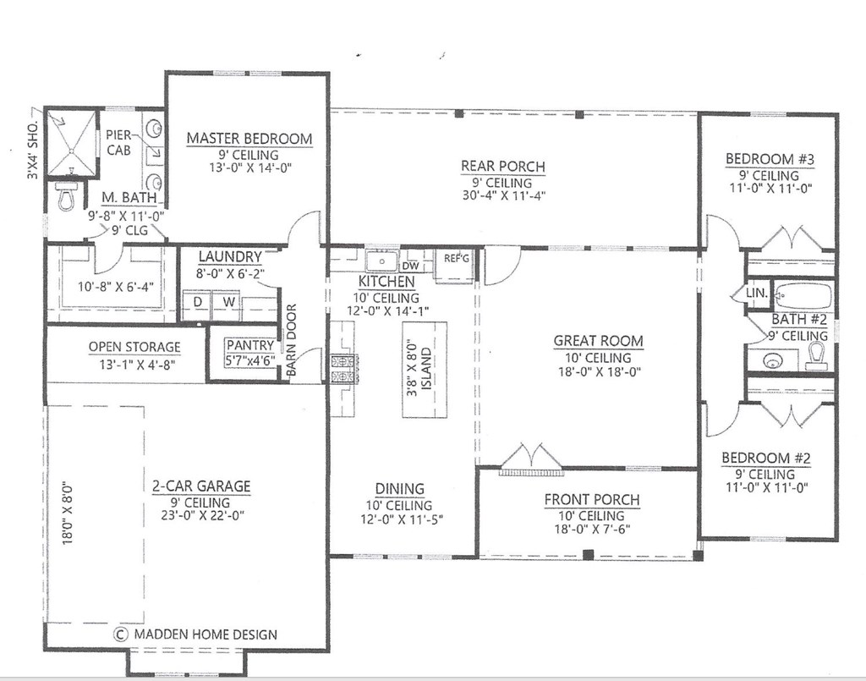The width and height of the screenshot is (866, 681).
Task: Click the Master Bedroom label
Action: point(249,138)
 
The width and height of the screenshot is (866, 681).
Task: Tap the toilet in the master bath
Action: point(65,197)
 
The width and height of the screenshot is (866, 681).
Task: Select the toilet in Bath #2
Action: point(816,355)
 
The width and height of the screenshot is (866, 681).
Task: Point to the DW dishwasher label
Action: point(410,266)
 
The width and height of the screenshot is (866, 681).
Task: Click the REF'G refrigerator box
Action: point(455,266)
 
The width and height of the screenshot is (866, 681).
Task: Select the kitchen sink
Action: point(381,261)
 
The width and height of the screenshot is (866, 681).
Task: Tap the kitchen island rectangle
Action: point(425,370)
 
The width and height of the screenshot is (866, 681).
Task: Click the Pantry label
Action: point(250,345)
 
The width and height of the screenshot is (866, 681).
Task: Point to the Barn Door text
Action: point(292,340)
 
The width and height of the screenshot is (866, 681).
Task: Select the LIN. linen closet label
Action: point(757,293)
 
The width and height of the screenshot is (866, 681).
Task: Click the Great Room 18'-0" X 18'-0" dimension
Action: point(599,371)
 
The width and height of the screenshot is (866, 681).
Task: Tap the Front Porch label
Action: point(592,500)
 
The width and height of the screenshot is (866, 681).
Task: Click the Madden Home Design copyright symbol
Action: point(120,634)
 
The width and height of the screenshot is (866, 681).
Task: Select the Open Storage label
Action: point(134,347)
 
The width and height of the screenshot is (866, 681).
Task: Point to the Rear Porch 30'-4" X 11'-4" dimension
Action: point(504,195)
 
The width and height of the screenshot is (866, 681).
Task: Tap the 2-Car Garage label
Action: point(201,486)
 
